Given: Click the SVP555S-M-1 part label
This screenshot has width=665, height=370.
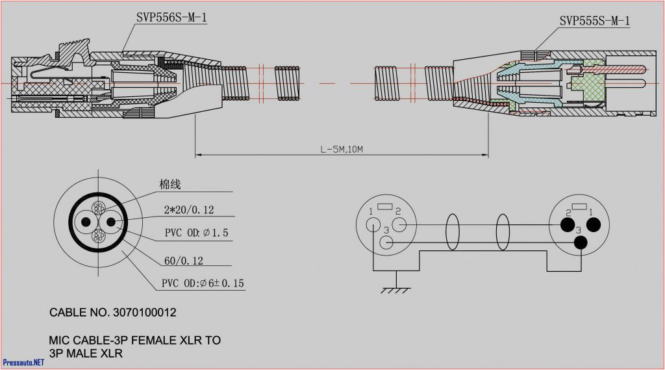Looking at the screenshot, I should coord(594,21).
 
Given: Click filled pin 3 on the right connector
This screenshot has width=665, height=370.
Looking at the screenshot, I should coord(581,242).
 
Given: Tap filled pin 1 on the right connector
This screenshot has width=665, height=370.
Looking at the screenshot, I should coord(592,226).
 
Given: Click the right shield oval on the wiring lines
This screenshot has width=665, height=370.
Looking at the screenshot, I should coord(503,231).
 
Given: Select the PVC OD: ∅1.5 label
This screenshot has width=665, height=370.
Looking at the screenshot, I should coord(196,233).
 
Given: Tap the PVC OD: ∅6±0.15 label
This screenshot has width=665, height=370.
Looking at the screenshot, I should coord(203,284).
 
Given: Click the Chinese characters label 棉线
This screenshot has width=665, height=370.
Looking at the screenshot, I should coord(169,185).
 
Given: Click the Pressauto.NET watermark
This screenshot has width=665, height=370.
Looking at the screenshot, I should coord(23,362).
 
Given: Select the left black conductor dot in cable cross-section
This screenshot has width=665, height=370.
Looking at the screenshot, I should coord(84,222).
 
